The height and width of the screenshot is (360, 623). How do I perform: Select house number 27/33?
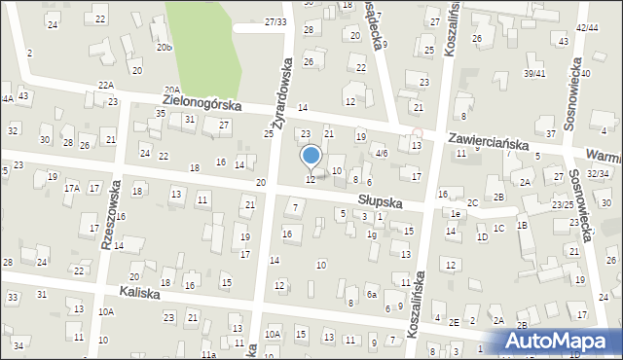coord(275,21)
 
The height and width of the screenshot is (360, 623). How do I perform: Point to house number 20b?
coord(165,47)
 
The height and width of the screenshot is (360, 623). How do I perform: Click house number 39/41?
coord(534,73)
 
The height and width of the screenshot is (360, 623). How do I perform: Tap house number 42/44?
coord(587,28)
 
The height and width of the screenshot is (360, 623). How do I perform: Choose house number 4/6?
coord(383,153)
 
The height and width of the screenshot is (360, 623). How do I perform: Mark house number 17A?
coord(72,188)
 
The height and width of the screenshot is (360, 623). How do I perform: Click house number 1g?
coord(371,234)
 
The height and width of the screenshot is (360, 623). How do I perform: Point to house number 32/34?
coord(598,173)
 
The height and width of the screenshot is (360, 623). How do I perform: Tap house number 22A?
coord(38,85)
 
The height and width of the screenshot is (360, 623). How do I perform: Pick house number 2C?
coord(472,202)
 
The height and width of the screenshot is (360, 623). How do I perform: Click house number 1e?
coord(455,213)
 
